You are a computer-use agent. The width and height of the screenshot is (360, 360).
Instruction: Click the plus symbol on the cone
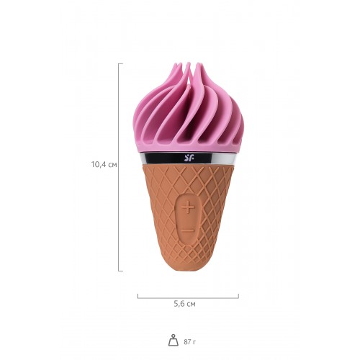(x=187, y=208)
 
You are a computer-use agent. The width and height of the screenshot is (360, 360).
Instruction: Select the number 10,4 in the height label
(x=98, y=164)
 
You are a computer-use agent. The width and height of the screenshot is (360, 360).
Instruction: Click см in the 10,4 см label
(x=112, y=164)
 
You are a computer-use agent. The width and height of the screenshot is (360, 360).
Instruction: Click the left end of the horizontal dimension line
(x=138, y=295)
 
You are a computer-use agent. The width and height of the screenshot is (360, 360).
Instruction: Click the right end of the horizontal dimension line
(x=238, y=295)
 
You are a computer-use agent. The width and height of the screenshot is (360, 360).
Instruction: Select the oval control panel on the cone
(x=187, y=220)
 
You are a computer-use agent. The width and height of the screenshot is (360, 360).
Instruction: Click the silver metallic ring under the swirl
(x=216, y=156)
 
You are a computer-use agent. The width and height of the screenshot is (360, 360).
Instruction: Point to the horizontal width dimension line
(x=188, y=297)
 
